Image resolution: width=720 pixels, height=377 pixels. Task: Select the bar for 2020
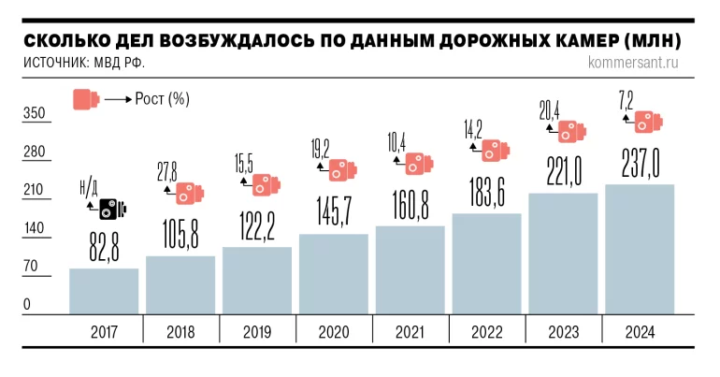334,273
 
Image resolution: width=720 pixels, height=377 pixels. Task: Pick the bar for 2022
487,264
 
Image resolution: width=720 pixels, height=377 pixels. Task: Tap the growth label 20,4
549,109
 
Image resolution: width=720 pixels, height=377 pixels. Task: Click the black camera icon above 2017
113,208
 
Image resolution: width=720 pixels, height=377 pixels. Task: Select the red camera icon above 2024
648,122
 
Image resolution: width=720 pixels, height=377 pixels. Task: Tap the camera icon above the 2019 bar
266,184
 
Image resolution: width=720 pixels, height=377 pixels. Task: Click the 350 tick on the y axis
34,113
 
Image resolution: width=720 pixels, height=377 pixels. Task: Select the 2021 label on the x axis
410,331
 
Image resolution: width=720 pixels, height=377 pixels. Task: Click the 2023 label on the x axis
564,331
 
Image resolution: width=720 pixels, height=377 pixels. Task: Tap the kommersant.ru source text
634,64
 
